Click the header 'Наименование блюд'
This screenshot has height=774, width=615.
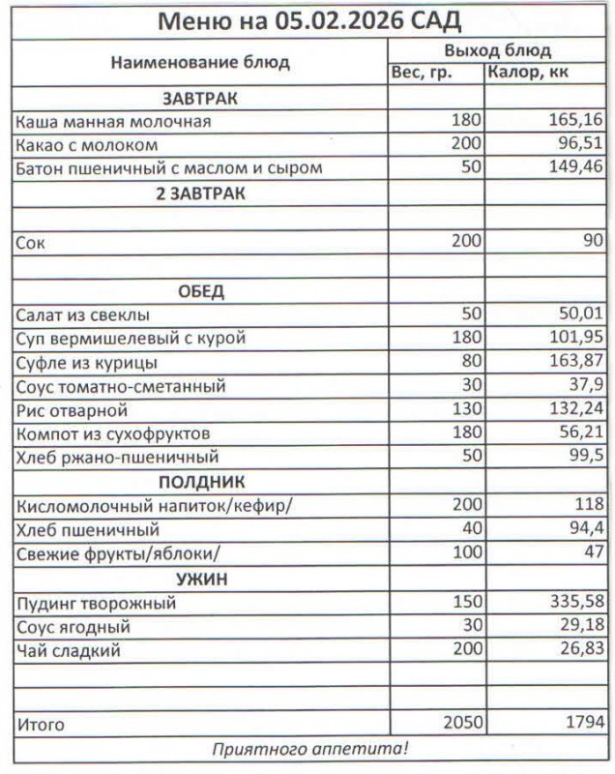199,62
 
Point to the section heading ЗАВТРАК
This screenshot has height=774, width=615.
200,99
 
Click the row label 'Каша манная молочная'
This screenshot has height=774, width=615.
113,122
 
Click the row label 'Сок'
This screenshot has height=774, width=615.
30,242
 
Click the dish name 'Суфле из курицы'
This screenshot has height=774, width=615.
86,363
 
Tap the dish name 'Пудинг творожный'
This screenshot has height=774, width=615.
95,603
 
